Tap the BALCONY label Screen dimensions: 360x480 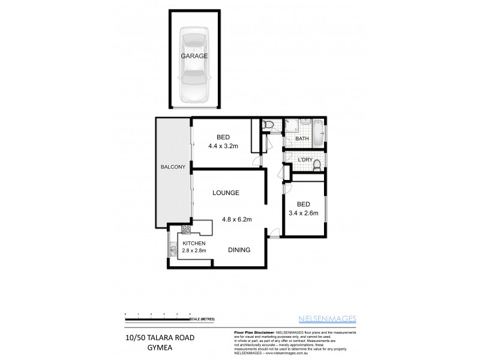pyautogui.click(x=172, y=167)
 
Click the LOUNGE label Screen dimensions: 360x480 pyautogui.click(x=226, y=193)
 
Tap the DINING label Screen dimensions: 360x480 pyautogui.click(x=239, y=250)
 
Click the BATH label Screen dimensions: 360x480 pyautogui.click(x=302, y=139)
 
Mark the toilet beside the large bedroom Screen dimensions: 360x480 pyautogui.click(x=269, y=125)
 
